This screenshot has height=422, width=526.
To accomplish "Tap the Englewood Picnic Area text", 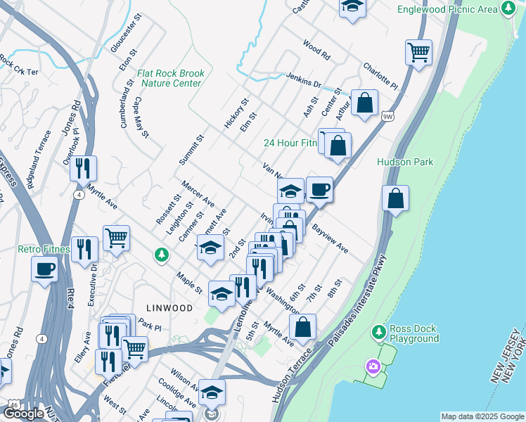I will pyautogui.click(x=447, y=10).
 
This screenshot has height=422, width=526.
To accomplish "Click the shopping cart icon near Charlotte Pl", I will pyautogui.click(x=418, y=52).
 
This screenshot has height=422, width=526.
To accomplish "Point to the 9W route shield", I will pyautogui.click(x=387, y=116).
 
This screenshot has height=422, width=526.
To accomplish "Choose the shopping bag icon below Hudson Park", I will pyautogui.click(x=396, y=198).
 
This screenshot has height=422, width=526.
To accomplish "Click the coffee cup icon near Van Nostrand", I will pyautogui.click(x=319, y=188).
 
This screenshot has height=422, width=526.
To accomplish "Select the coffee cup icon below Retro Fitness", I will pyautogui.click(x=45, y=269).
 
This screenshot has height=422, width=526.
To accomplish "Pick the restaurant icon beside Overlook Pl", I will pyautogui.click(x=83, y=168).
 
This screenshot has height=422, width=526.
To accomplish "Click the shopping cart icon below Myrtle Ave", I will pyautogui.click(x=116, y=238).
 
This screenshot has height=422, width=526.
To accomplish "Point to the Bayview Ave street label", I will pyautogui.click(x=330, y=239).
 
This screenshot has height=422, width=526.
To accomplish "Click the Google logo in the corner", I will pyautogui.click(x=23, y=414).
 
